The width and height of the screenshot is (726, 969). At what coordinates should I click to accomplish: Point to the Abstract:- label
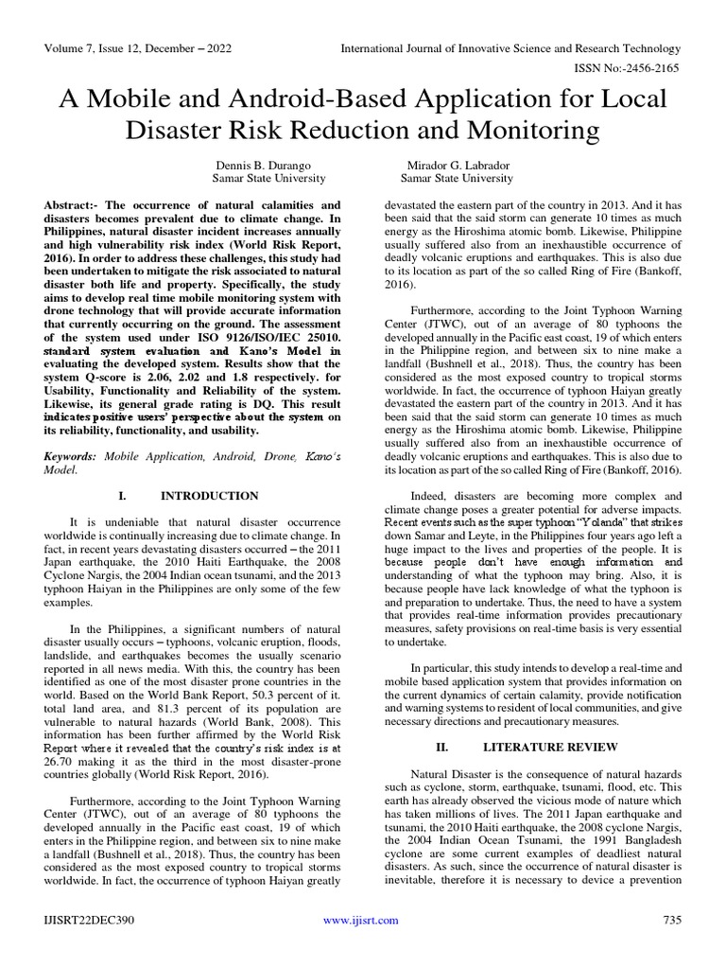pyautogui.click(x=74, y=205)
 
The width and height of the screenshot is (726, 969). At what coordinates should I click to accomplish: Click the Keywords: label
pyautogui.click(x=76, y=457)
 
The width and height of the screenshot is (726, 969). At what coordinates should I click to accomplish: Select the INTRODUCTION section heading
pyautogui.click(x=209, y=496)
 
